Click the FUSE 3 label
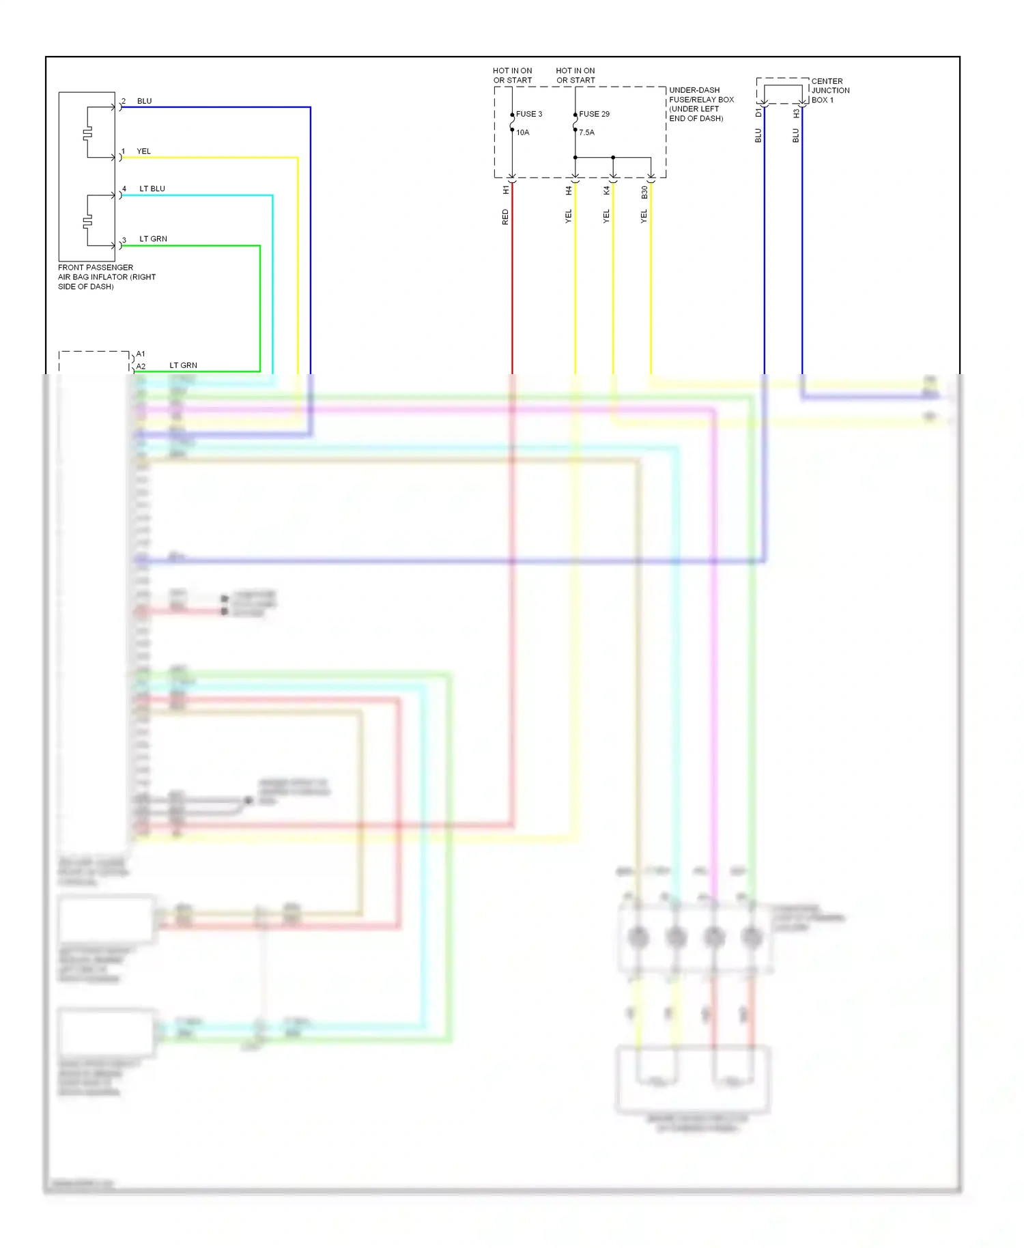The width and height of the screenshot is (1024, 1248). [x=529, y=114]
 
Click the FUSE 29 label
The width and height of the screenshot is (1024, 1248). [x=595, y=114]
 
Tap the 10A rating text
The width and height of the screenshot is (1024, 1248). [x=522, y=132]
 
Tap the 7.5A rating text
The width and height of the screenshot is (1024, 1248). [x=587, y=132]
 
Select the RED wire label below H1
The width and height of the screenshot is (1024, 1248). [x=505, y=217]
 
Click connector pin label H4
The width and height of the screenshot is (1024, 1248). [x=569, y=191]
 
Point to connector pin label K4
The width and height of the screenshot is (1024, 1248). [x=606, y=191]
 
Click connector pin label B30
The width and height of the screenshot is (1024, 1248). [x=644, y=193]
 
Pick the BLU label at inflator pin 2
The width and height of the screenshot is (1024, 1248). [x=144, y=101]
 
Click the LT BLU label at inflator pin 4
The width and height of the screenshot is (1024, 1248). [x=152, y=188]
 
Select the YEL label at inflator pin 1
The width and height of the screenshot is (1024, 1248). [x=143, y=152]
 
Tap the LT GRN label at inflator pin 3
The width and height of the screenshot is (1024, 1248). [x=153, y=239]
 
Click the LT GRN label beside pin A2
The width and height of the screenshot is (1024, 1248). [x=183, y=365]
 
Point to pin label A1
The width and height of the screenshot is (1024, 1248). [x=141, y=354]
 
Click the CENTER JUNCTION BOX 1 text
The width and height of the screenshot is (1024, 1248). [x=829, y=90]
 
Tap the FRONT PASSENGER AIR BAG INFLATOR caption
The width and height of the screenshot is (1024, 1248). [x=106, y=276]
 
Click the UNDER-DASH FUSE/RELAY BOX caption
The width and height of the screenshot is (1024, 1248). [x=701, y=104]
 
